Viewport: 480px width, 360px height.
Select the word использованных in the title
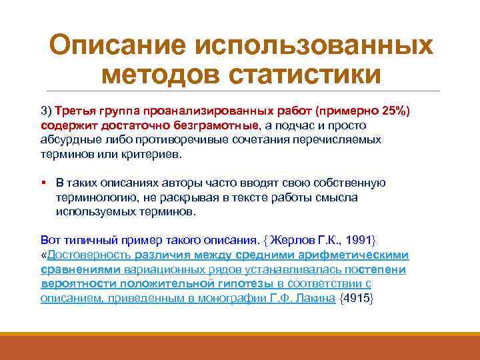(313, 46)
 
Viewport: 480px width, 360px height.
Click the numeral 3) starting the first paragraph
(47, 110)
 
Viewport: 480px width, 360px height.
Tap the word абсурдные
(69, 139)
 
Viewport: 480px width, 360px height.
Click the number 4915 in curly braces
(357, 299)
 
